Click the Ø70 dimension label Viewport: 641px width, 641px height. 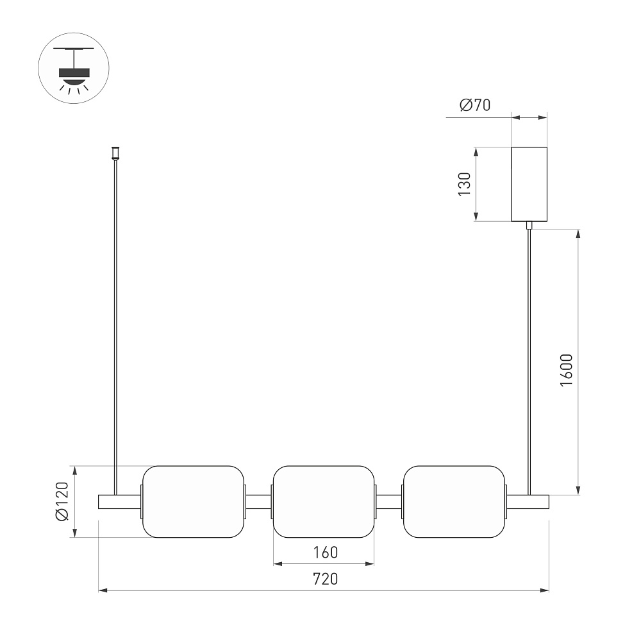click(475, 105)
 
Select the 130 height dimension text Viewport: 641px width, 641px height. click(465, 185)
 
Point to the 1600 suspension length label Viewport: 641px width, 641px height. click(567, 370)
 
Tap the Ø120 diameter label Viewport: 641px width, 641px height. click(62, 501)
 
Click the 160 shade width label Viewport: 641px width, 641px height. click(326, 553)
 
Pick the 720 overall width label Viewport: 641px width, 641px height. click(326, 579)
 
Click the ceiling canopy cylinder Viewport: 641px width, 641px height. click(529, 184)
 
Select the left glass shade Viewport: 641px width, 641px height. click(193, 502)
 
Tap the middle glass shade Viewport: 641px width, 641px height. click(324, 502)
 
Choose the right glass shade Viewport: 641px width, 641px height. click(454, 502)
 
